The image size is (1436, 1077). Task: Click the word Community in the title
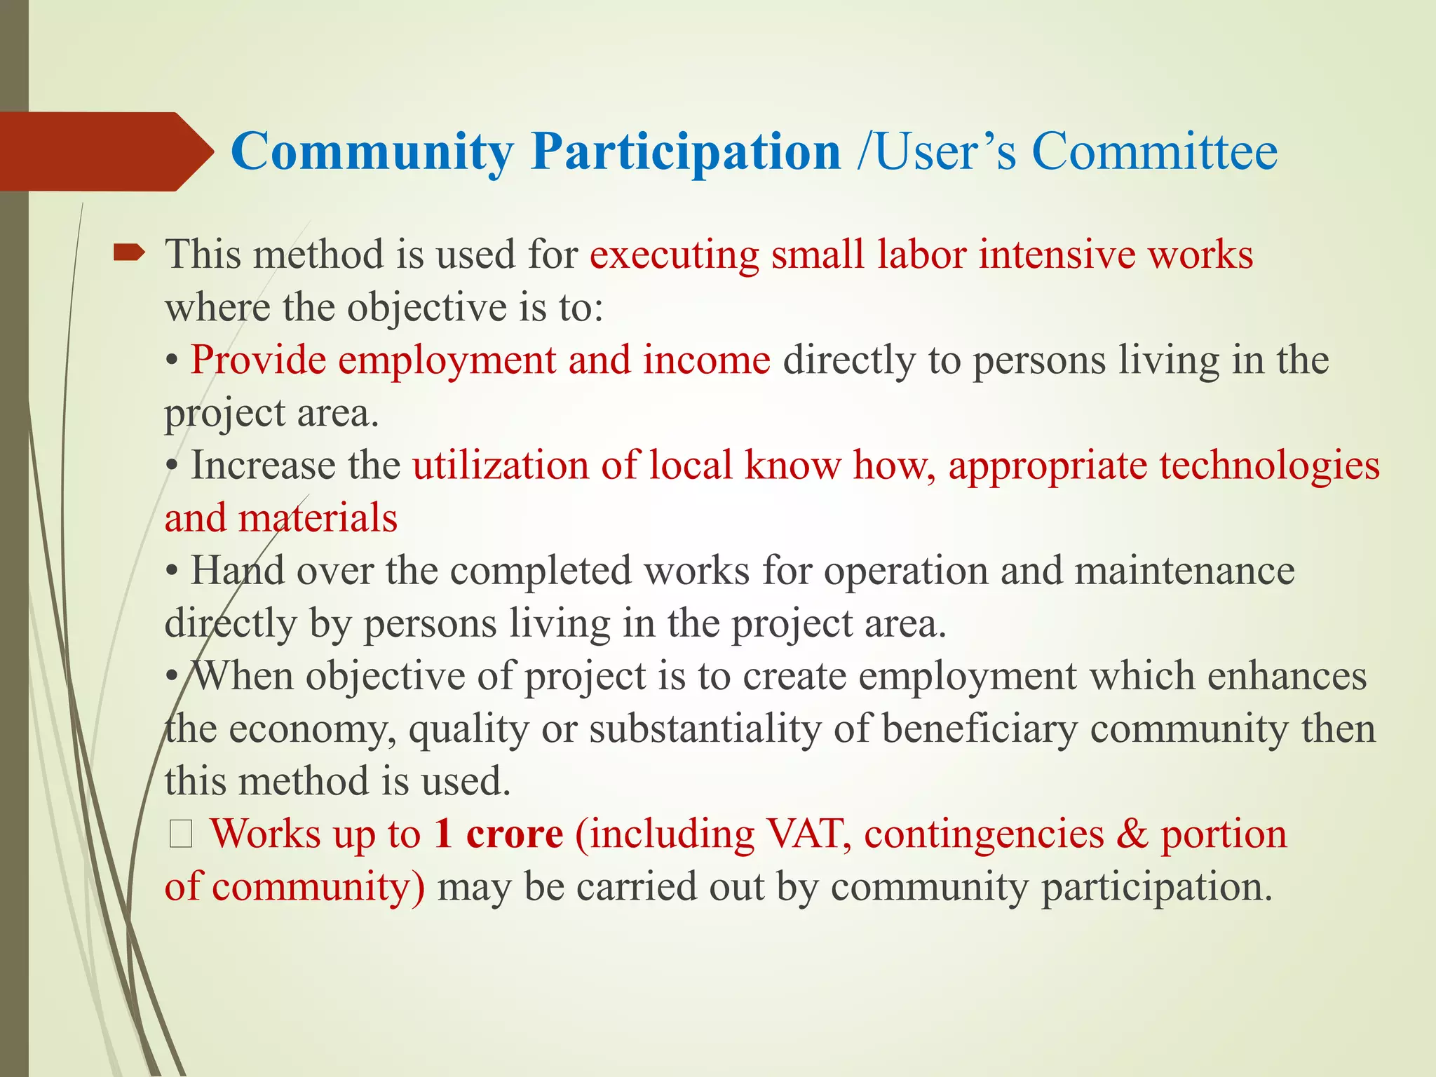click(372, 152)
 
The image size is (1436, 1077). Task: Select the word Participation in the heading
click(685, 152)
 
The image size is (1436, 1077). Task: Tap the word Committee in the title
click(1154, 152)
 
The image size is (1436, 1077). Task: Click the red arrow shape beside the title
click(105, 151)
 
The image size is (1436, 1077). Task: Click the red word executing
click(674, 255)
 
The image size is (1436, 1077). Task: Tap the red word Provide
click(259, 360)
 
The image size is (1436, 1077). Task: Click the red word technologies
click(1269, 466)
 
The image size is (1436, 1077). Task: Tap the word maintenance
click(1184, 571)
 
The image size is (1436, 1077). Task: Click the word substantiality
click(705, 729)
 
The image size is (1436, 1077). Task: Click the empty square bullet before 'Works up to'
click(181, 835)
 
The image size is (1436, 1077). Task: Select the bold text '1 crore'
click(499, 834)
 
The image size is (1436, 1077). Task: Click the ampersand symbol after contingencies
click(1132, 834)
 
